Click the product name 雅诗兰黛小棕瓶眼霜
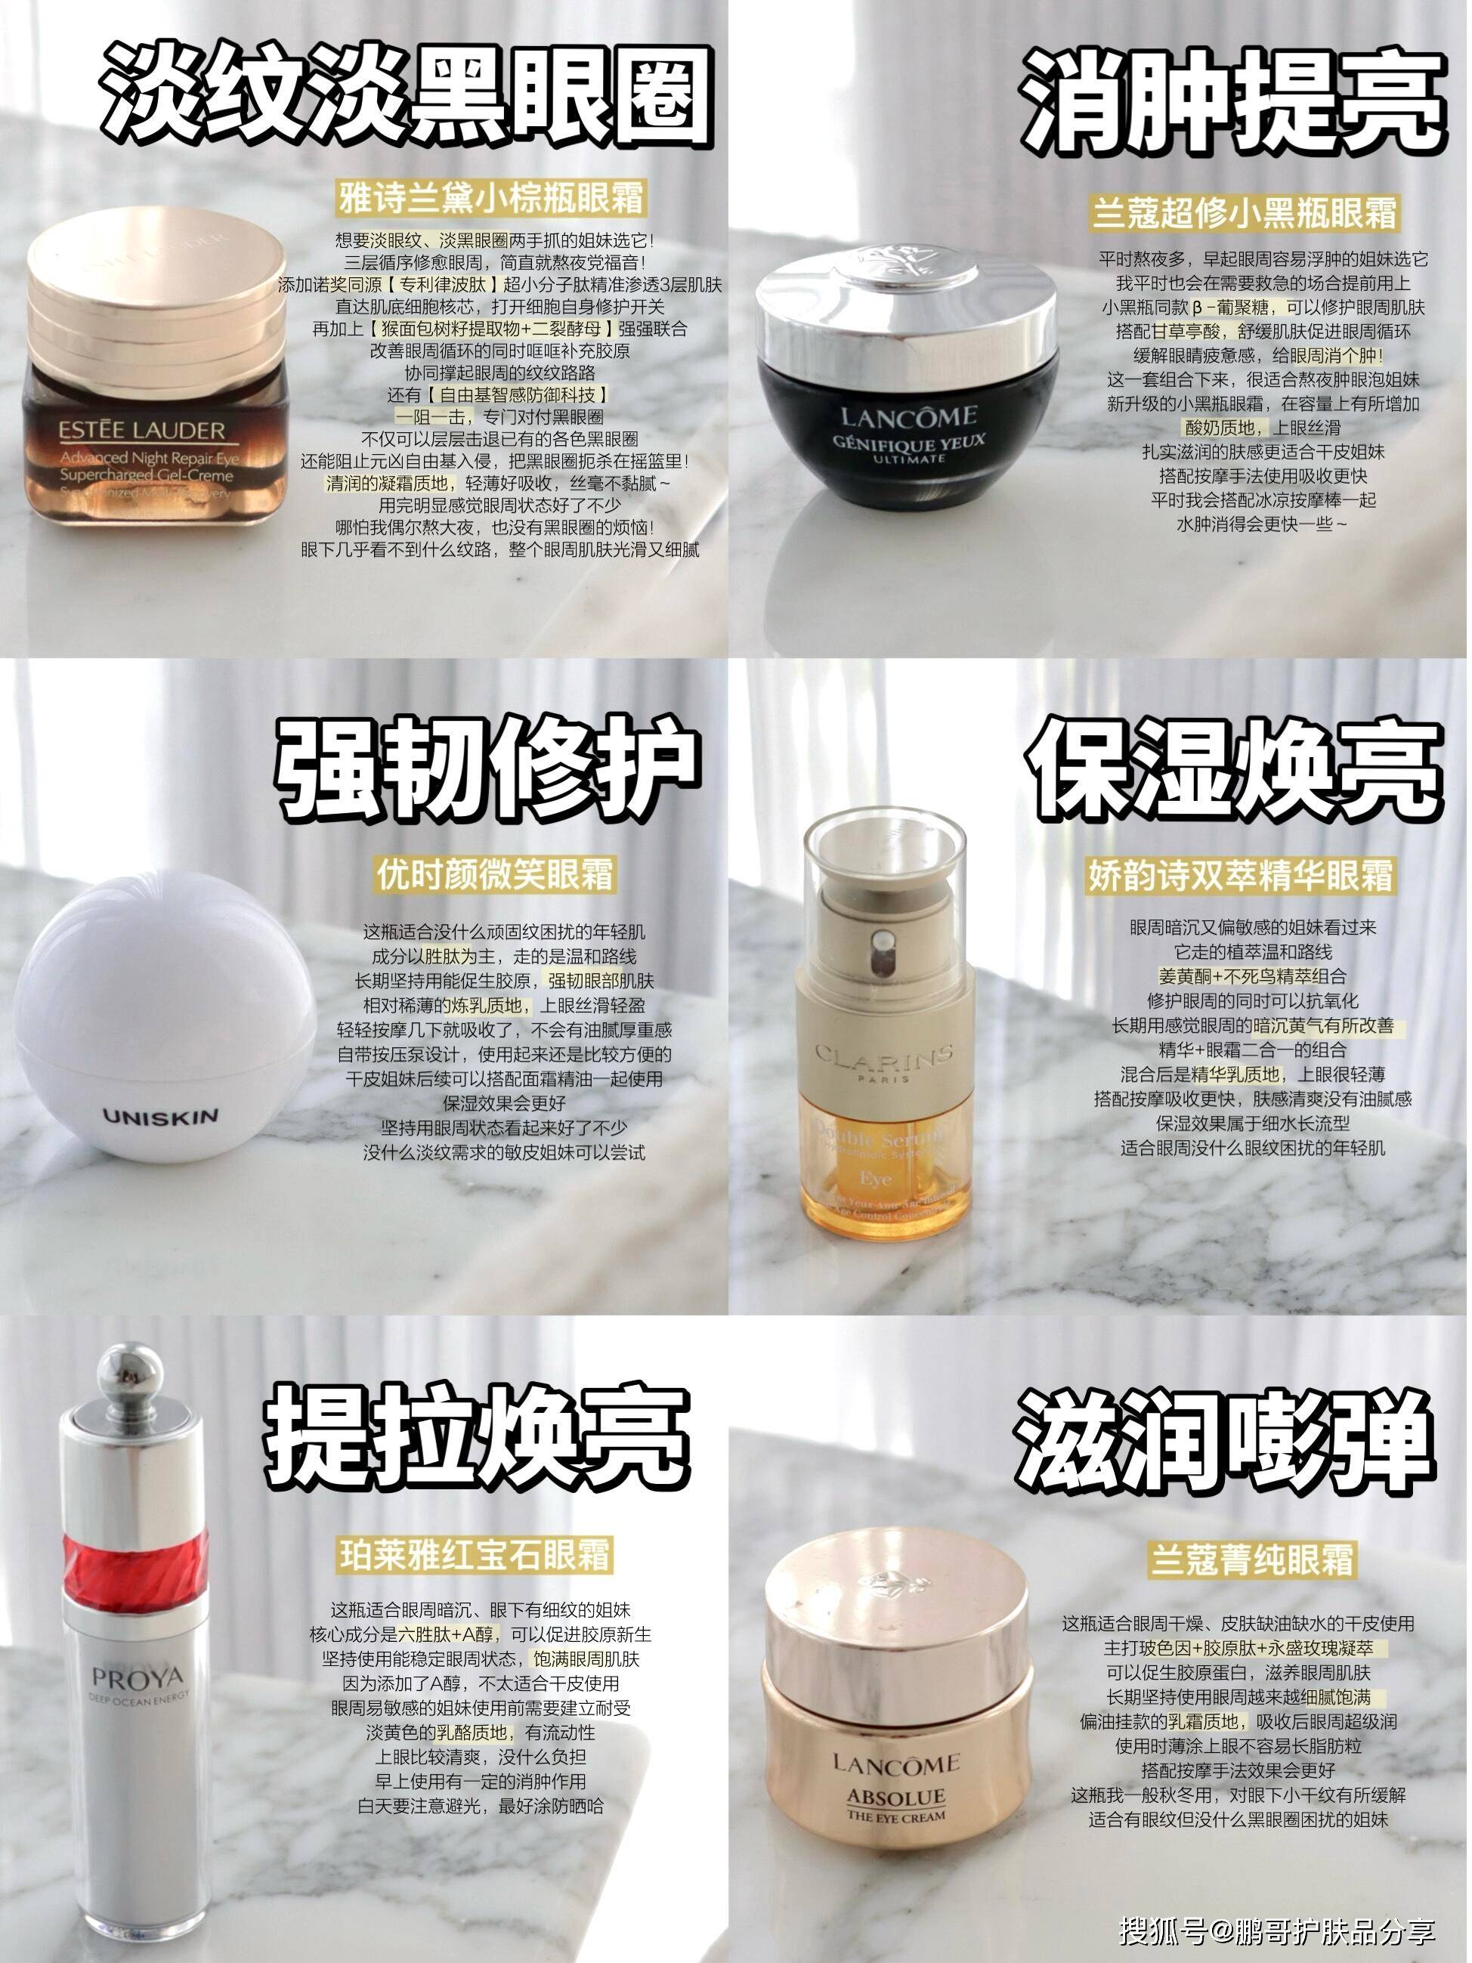(x=493, y=198)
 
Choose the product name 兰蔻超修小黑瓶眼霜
(x=1245, y=213)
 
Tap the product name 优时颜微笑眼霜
(x=494, y=874)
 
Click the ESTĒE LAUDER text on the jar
(x=142, y=432)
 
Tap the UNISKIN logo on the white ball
(x=161, y=1117)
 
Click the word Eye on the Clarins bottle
(x=876, y=1179)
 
